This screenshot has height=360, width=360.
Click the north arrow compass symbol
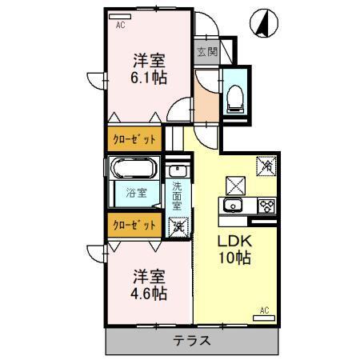(262, 24)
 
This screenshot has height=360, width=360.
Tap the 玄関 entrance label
(206, 53)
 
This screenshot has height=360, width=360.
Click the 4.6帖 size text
(148, 293)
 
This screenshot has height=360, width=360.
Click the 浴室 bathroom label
(135, 193)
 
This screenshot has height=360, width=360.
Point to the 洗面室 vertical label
(177, 196)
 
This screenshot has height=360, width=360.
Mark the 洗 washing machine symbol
(177, 226)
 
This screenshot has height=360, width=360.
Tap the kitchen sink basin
(234, 206)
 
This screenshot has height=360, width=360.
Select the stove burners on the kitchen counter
(266, 206)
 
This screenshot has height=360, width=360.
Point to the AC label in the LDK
(263, 310)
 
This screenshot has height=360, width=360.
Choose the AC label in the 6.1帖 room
(120, 25)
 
